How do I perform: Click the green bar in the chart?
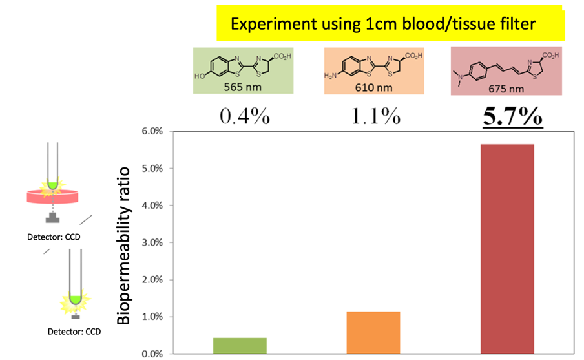(x=240, y=346)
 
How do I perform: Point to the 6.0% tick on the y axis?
(x=150, y=131)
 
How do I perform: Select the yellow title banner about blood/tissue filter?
(x=390, y=25)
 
